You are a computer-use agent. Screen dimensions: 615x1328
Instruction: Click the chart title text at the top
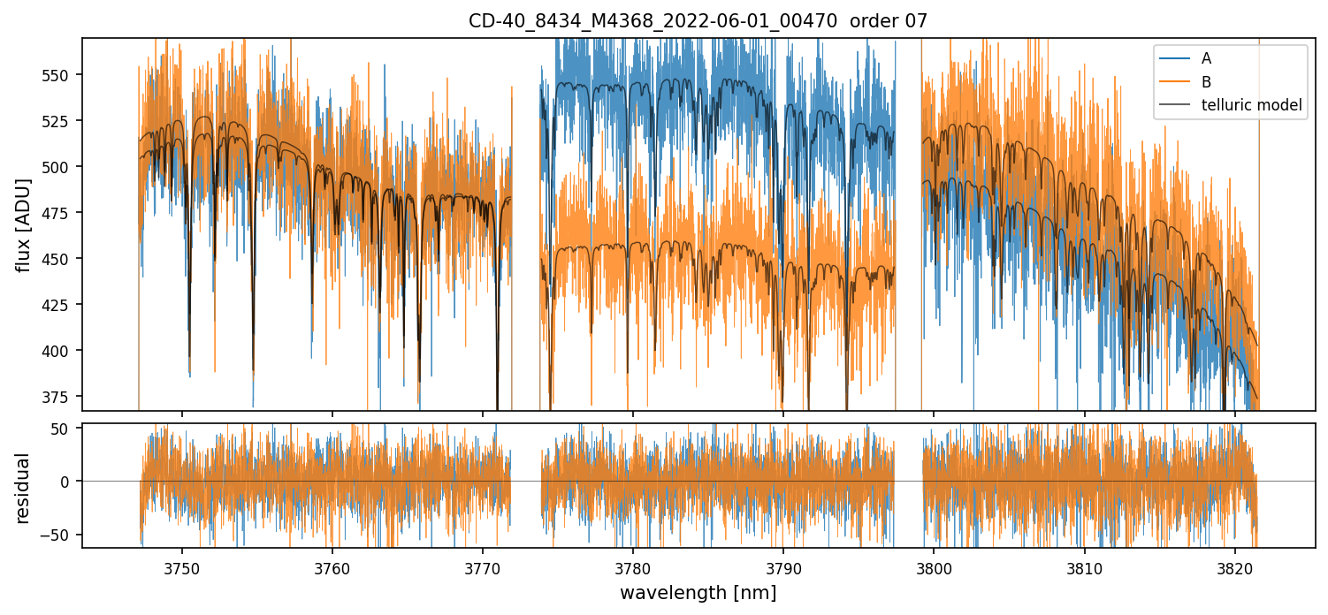(698, 21)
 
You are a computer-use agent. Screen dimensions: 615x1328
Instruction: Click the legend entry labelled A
(1206, 59)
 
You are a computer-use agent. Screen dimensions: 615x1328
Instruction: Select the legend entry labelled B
(1206, 82)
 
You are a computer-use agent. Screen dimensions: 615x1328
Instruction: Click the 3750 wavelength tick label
(182, 567)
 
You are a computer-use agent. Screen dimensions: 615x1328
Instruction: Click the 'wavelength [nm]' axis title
(698, 592)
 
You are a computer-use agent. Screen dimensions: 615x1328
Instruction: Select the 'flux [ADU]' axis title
(24, 224)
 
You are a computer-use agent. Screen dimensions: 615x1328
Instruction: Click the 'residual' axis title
(24, 488)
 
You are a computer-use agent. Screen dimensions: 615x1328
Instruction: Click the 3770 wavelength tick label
(483, 567)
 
